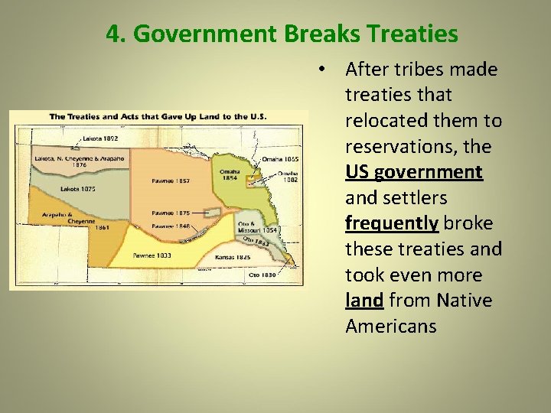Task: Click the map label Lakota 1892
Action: [100, 138]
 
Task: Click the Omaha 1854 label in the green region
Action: [229, 175]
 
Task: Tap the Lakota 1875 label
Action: [77, 188]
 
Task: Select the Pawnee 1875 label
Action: [171, 212]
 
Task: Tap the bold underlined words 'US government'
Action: [413, 172]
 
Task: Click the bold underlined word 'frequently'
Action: [392, 223]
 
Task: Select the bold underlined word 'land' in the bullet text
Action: [364, 301]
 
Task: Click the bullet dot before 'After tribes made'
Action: [325, 70]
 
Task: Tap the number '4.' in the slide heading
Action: [116, 34]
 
